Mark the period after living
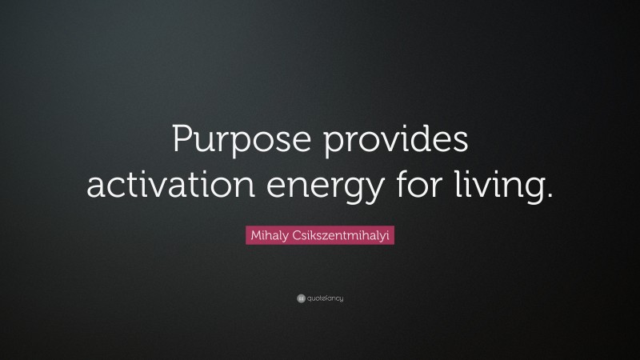point(550,194)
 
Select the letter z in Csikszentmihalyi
point(318,238)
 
